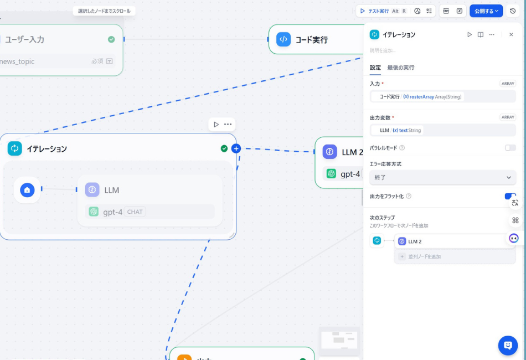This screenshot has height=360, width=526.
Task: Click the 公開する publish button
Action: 486,11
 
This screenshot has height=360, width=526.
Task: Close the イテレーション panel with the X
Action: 511,34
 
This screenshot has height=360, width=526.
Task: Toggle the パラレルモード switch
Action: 510,148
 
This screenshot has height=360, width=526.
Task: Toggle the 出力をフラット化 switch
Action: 510,196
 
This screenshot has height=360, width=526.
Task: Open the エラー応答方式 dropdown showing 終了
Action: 443,177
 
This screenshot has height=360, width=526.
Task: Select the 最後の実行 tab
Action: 401,68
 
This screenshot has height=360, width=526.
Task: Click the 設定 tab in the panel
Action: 375,68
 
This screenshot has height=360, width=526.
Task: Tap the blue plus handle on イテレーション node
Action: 236,148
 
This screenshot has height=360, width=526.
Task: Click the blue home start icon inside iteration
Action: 27,190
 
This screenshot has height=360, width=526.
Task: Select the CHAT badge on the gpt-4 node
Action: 135,212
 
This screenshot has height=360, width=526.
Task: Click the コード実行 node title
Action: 312,40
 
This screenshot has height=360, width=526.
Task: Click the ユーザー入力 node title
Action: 25,39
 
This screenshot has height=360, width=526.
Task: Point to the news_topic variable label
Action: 18,61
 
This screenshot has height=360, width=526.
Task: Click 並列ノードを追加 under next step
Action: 424,256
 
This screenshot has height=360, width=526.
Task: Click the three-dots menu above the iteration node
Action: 228,125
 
